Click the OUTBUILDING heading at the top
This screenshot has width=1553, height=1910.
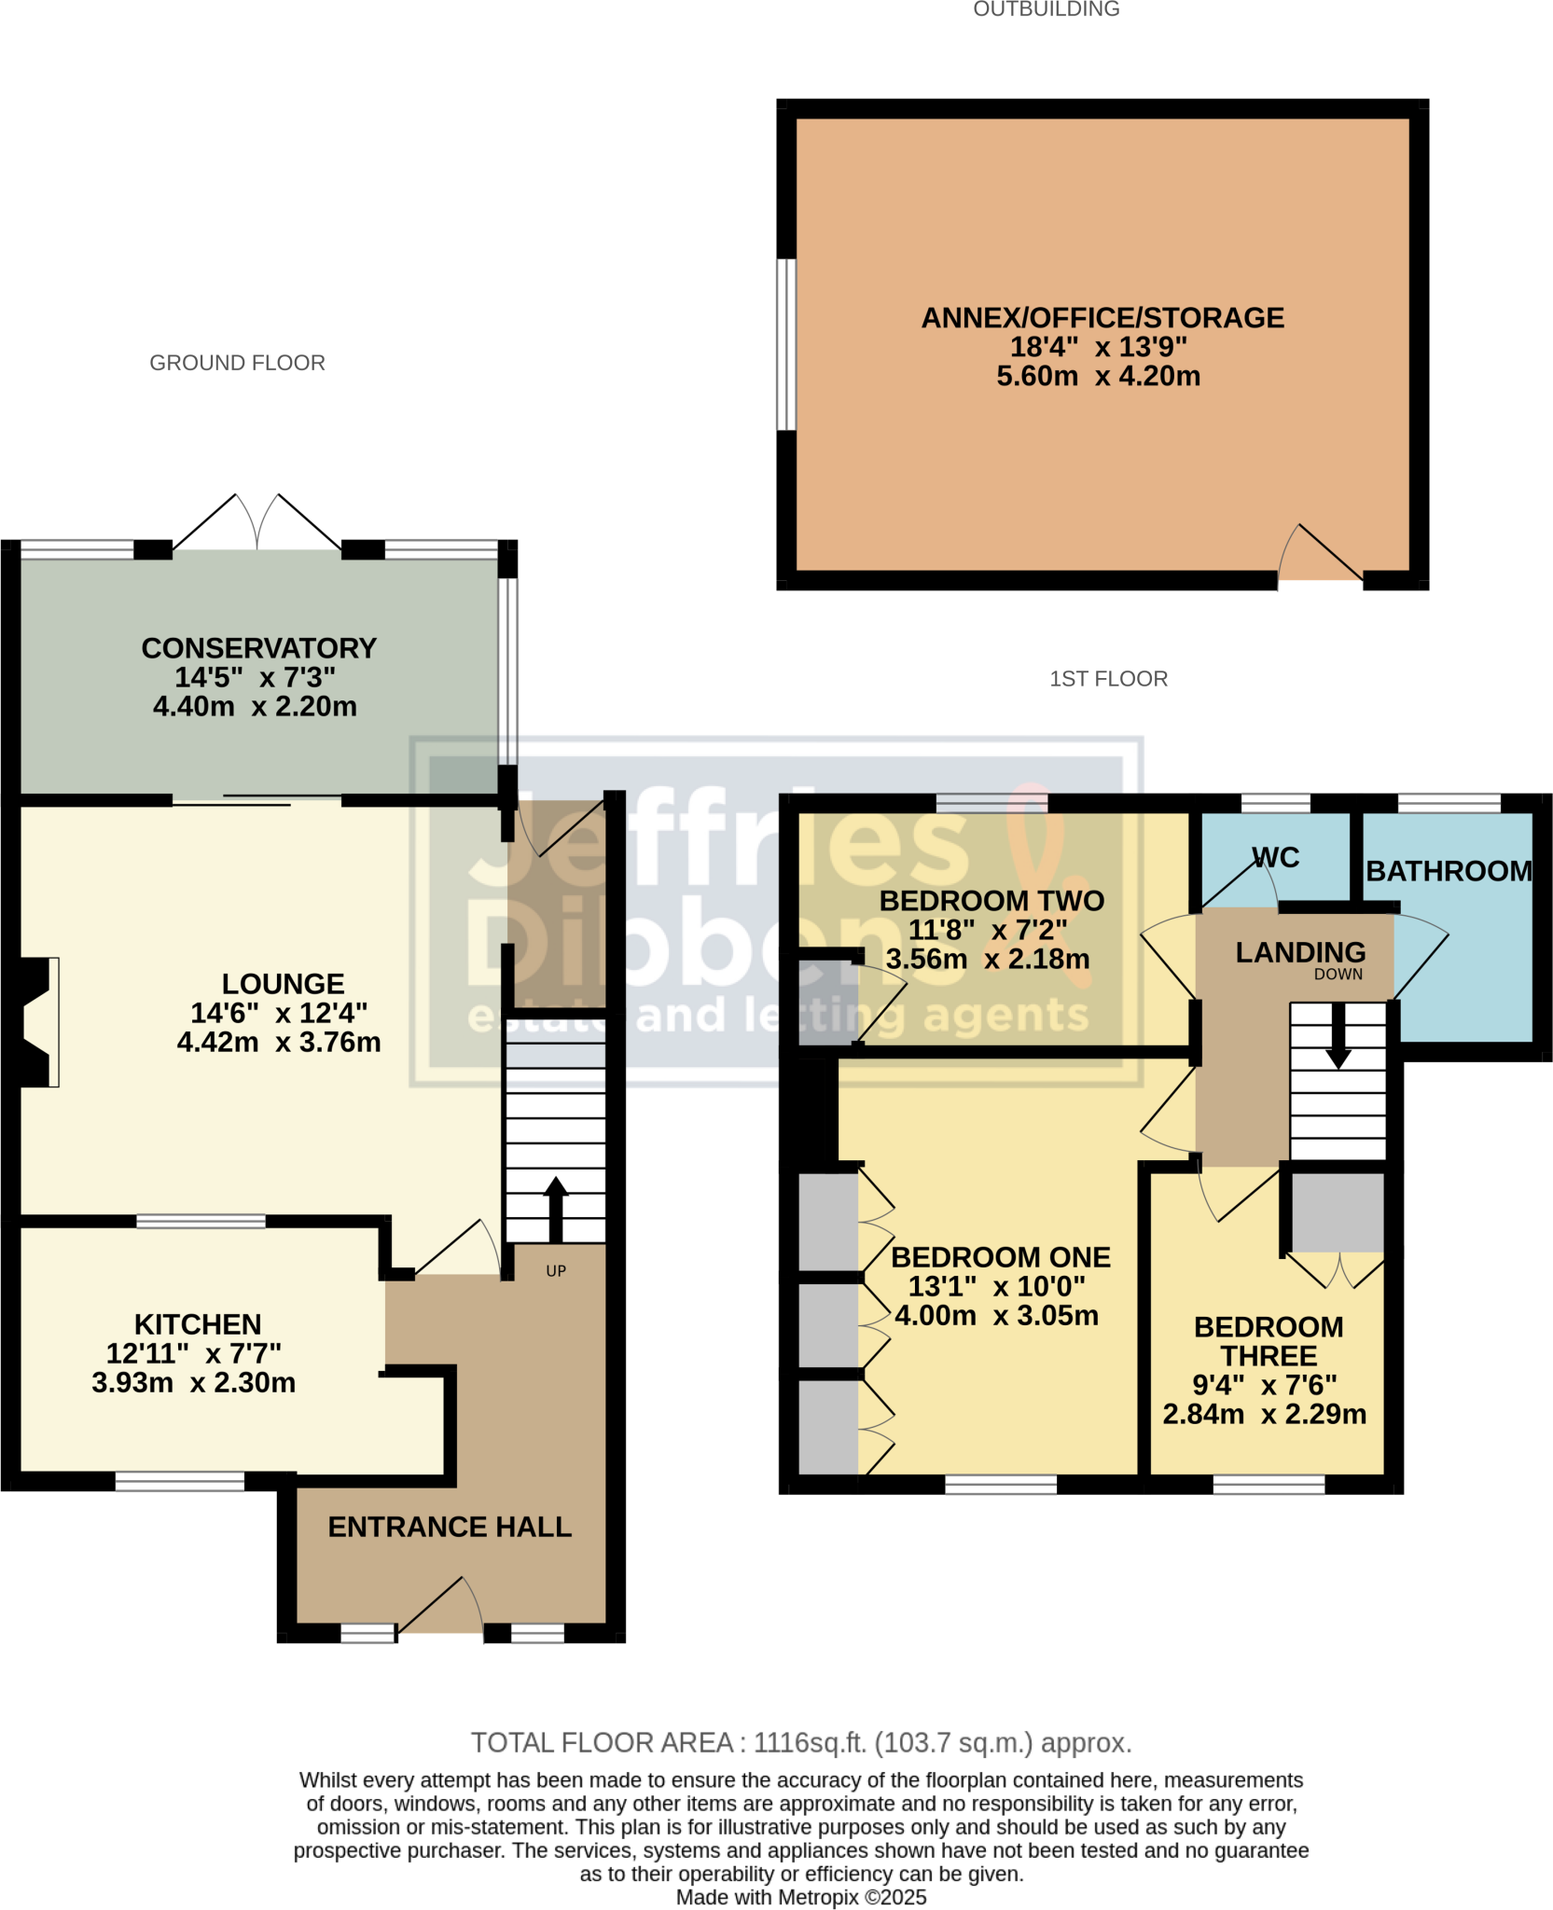click(1046, 9)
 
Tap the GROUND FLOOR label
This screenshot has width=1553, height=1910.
click(237, 363)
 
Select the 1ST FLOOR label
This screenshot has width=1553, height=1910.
click(1108, 679)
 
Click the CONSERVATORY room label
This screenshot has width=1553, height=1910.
click(258, 648)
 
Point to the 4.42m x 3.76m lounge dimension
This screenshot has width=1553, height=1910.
click(279, 1042)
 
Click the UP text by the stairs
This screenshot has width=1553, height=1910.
click(556, 1271)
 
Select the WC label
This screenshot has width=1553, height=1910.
click(1275, 857)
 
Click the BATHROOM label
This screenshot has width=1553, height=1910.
click(1449, 871)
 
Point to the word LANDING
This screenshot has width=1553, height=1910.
click(1300, 952)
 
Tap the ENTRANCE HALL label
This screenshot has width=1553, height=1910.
click(450, 1527)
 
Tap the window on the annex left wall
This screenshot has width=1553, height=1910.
click(787, 344)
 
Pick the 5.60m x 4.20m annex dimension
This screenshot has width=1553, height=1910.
click(1098, 376)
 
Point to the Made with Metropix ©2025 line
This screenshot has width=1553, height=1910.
click(800, 1897)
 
